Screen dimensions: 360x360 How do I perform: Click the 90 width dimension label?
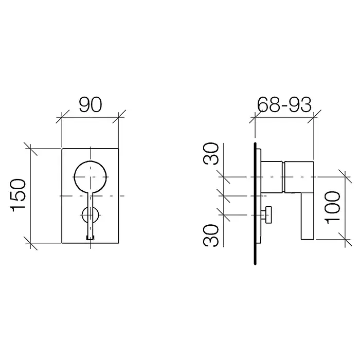pos(90,105)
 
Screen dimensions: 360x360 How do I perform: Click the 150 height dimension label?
pos(17,195)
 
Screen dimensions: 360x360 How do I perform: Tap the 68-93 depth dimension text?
pos(284,105)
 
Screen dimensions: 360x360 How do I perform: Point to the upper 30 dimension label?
pos(211,154)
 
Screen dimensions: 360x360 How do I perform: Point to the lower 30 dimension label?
pos(211,236)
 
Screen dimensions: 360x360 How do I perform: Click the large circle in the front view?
pos(91,160)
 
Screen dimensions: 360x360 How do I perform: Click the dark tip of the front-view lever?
pos(90,238)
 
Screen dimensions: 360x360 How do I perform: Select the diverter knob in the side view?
pos(268,215)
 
